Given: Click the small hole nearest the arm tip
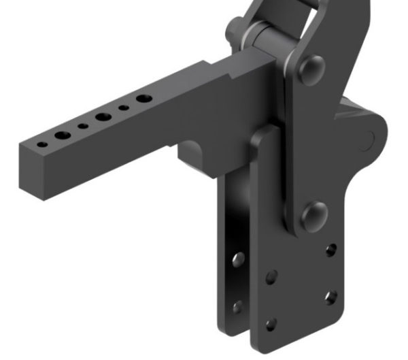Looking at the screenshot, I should (x=43, y=144).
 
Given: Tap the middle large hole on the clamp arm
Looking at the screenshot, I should (x=103, y=117).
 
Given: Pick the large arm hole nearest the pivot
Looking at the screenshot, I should (x=143, y=99).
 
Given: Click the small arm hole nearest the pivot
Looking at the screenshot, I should (x=124, y=108).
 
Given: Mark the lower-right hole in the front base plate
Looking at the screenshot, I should (x=330, y=297).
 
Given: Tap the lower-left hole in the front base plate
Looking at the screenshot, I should (x=271, y=324).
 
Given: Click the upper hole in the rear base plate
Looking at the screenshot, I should (x=237, y=259).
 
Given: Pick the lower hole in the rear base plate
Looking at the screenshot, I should (x=237, y=306).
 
